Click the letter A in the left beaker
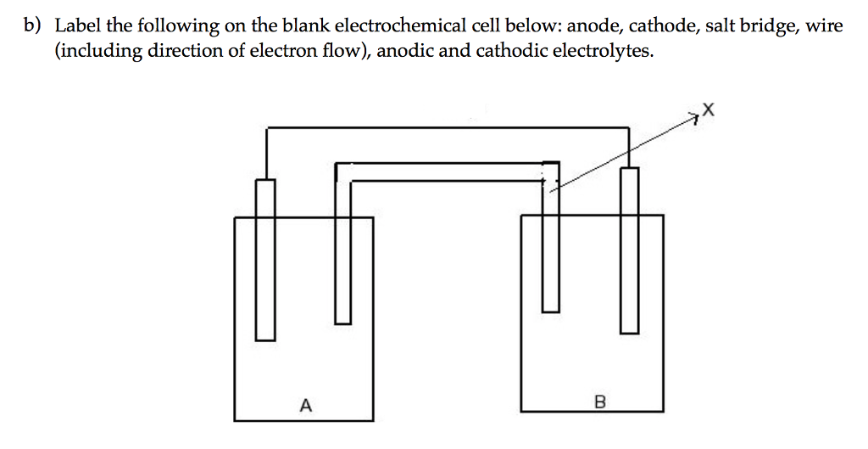305,405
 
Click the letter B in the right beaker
600,401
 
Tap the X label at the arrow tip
709,109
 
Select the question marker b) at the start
32,26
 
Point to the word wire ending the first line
824,26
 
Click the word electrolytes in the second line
604,51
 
